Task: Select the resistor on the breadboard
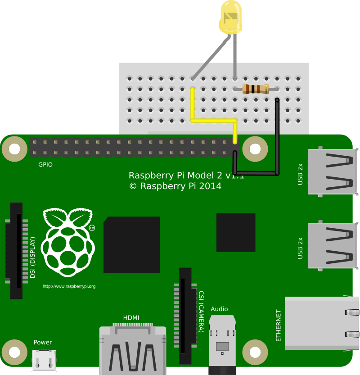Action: pyautogui.click(x=255, y=89)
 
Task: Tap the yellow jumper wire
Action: pyautogui.click(x=213, y=121)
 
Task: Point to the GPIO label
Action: pyautogui.click(x=45, y=165)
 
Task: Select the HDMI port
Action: pyautogui.click(x=132, y=349)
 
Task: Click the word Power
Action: pyautogui.click(x=43, y=343)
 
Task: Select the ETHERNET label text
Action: pyautogui.click(x=279, y=325)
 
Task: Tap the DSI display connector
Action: pyautogui.click(x=16, y=251)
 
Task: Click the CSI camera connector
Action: pyautogui.click(x=185, y=315)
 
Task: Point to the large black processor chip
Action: pyautogui.click(x=131, y=245)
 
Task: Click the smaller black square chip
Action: pyautogui.click(x=236, y=232)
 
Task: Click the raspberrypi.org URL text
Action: pyautogui.click(x=69, y=286)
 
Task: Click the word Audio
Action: pyautogui.click(x=219, y=309)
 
